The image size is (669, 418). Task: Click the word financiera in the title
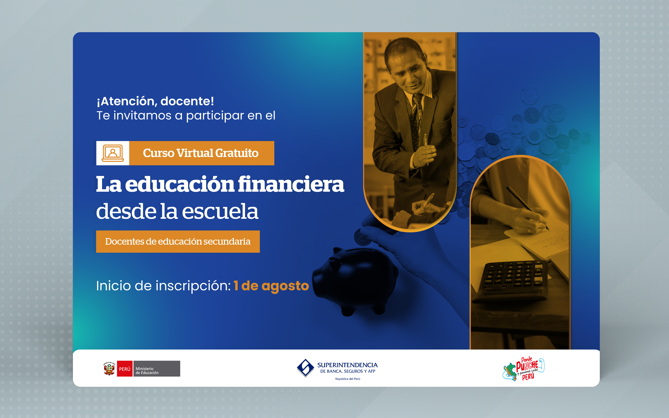coord(291,184)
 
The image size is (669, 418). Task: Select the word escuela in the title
coord(220,212)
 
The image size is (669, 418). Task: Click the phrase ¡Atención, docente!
coord(155,101)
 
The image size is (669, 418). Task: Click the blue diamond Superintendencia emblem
coord(305,368)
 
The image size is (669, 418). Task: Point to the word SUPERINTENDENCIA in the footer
coord(347,365)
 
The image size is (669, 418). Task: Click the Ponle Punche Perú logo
coord(523,369)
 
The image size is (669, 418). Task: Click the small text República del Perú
coord(348,379)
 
